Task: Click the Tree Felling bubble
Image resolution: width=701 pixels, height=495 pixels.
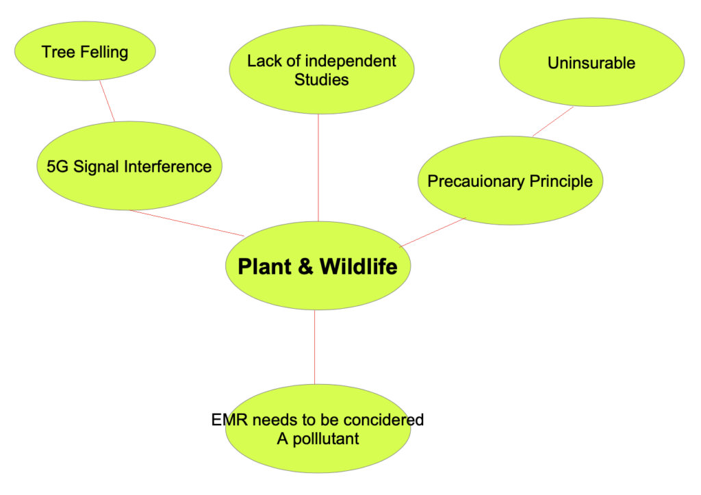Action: tap(85, 51)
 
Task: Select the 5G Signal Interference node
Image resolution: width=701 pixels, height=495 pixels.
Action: tap(129, 166)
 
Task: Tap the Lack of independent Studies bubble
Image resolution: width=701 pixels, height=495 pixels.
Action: tap(322, 69)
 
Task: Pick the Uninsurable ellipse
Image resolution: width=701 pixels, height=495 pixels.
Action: tap(591, 62)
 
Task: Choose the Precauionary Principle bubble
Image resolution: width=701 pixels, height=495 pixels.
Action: tap(510, 181)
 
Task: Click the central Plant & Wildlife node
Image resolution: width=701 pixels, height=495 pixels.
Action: tap(318, 266)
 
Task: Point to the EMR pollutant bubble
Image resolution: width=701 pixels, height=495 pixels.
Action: tap(318, 429)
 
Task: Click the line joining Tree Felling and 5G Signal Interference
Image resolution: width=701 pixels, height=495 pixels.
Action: tap(107, 101)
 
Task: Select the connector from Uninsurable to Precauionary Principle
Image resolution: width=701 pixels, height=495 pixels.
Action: tap(553, 122)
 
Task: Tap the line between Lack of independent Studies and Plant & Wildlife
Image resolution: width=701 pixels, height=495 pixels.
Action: tap(318, 168)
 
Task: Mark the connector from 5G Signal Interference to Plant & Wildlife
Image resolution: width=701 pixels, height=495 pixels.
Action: tap(187, 223)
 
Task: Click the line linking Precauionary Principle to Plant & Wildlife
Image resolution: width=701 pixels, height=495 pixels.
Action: tap(433, 233)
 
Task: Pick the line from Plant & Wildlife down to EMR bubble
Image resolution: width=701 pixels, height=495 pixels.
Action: tap(315, 347)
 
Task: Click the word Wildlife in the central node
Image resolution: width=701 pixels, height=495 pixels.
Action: tap(359, 266)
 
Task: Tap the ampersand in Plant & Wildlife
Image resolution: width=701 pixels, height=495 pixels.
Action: tap(305, 266)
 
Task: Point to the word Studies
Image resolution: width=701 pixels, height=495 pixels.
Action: tap(322, 79)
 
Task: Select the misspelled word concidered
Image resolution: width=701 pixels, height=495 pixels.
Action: tap(383, 420)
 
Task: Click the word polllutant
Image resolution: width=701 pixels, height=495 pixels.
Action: tap(326, 439)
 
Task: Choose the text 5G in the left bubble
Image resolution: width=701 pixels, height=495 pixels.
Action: tap(58, 166)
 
